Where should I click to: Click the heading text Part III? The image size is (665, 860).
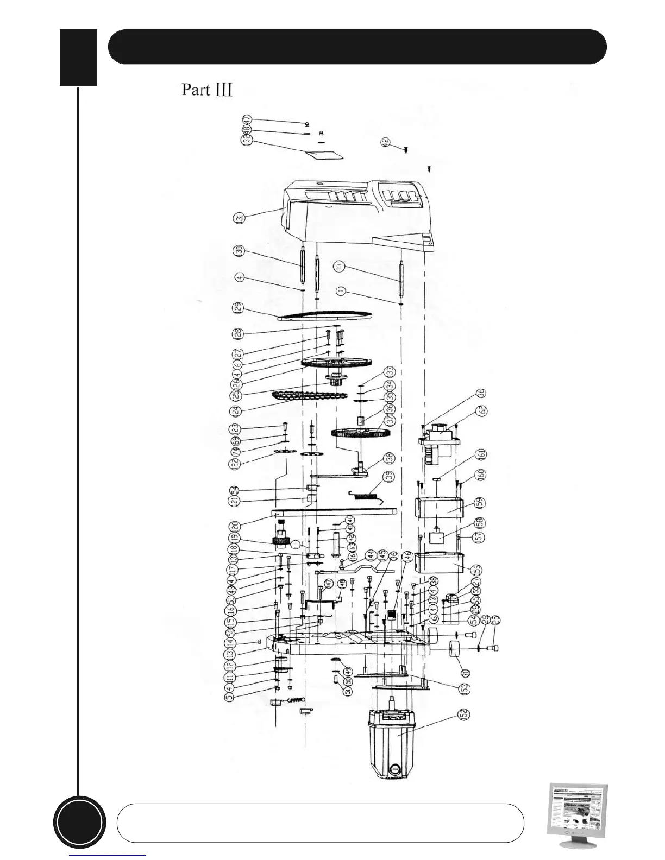click(207, 90)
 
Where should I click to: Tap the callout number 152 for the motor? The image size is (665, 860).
click(465, 713)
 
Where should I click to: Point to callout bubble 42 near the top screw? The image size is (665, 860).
click(386, 142)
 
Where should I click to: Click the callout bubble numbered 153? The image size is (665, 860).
click(465, 688)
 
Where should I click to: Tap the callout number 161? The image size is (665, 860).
click(481, 455)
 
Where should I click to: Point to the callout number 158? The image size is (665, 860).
click(481, 523)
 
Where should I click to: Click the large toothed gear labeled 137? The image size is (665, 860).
click(357, 433)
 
